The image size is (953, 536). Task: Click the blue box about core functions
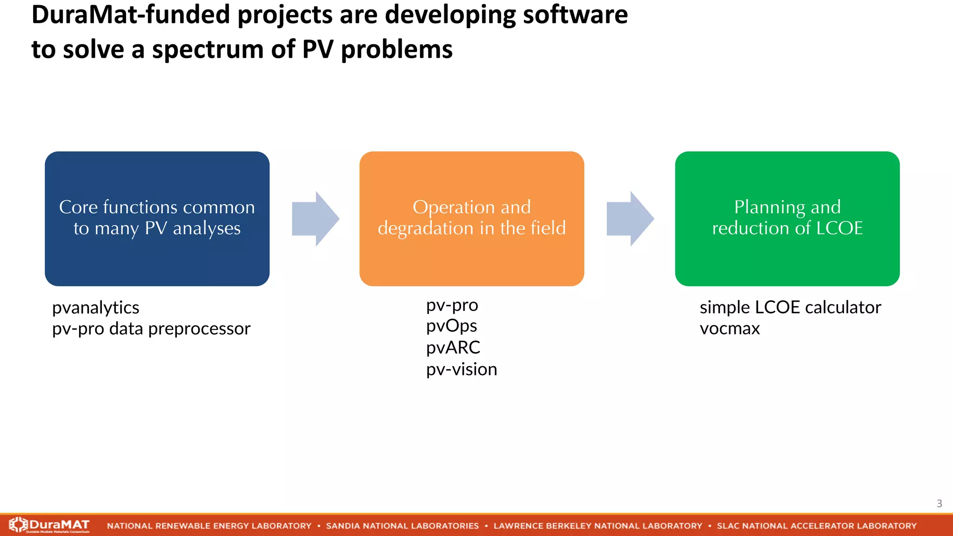point(157,218)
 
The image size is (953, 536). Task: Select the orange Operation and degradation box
point(471,218)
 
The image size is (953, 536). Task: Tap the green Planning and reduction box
point(787,218)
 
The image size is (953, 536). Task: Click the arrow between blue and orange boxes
point(315,219)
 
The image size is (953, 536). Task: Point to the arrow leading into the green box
point(630,219)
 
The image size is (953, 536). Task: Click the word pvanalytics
point(95,308)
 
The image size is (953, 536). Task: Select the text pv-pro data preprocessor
point(151,328)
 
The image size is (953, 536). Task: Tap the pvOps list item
point(451,326)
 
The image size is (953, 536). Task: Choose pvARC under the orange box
point(453,348)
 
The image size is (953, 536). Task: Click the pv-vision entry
point(461,369)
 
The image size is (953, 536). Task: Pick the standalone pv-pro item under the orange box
point(452,305)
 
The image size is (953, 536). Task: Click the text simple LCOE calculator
point(790,308)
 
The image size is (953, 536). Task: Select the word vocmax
point(729,328)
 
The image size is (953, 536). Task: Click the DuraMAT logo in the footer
point(49,525)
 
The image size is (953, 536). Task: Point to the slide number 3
point(939,503)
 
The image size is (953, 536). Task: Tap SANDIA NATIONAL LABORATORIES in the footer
point(402,526)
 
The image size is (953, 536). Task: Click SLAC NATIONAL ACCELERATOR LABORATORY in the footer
point(816,526)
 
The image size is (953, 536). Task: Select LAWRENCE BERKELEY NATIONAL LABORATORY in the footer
point(597,526)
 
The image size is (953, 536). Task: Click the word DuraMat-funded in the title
point(130,15)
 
